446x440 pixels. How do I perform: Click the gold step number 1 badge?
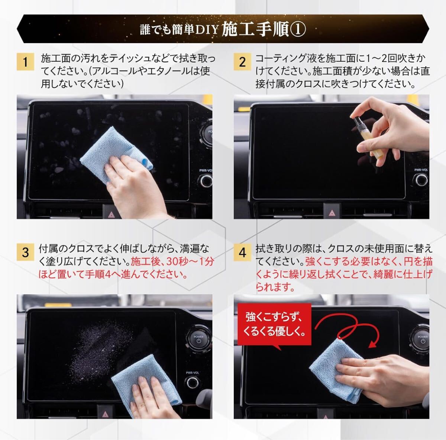click(26, 62)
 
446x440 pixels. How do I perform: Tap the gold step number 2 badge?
click(242, 62)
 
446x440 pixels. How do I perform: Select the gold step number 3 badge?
click(26, 252)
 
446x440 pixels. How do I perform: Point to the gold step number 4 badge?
click(242, 252)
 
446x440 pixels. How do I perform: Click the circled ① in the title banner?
click(298, 29)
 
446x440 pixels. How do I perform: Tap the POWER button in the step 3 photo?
click(198, 339)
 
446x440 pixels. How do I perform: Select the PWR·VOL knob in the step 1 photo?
click(206, 181)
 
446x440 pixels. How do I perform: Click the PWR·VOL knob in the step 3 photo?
click(193, 383)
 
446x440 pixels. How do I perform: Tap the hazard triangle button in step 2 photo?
click(332, 212)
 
